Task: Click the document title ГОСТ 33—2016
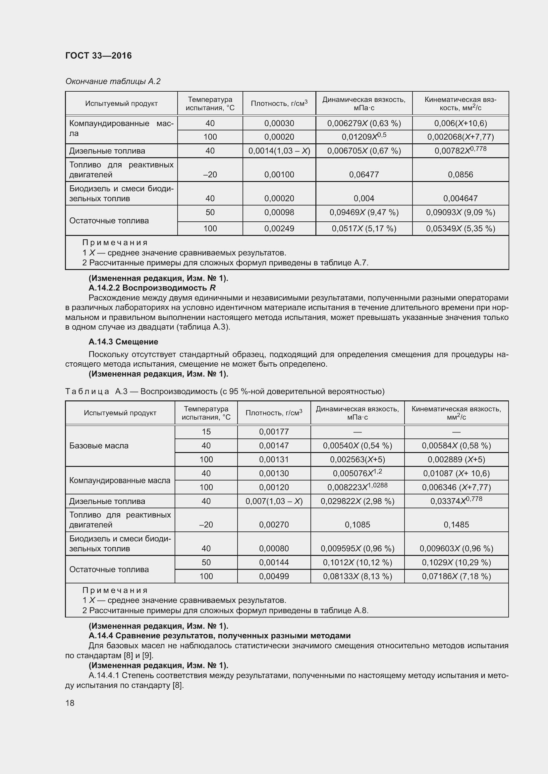pos(98,56)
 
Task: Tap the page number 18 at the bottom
pos(70,703)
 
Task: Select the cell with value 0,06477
pos(364,175)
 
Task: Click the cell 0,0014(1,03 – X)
pos(279,151)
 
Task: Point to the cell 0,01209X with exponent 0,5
pos(364,137)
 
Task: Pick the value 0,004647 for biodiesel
pos(460,198)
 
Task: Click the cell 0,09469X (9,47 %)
pos(364,212)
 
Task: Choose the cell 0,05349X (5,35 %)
pos(460,229)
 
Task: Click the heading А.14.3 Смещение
pos(123,342)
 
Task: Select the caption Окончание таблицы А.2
pos(113,81)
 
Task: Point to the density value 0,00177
pos(274,432)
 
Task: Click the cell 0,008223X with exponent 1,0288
pos(357,487)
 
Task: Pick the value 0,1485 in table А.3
pos(456,524)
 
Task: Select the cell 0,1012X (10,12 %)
pos(357,562)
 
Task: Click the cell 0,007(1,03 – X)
pos(274,501)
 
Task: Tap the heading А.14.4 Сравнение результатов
pos(219,636)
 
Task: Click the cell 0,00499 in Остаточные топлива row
pos(274,576)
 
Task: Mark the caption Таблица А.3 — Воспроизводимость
pos(224,391)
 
